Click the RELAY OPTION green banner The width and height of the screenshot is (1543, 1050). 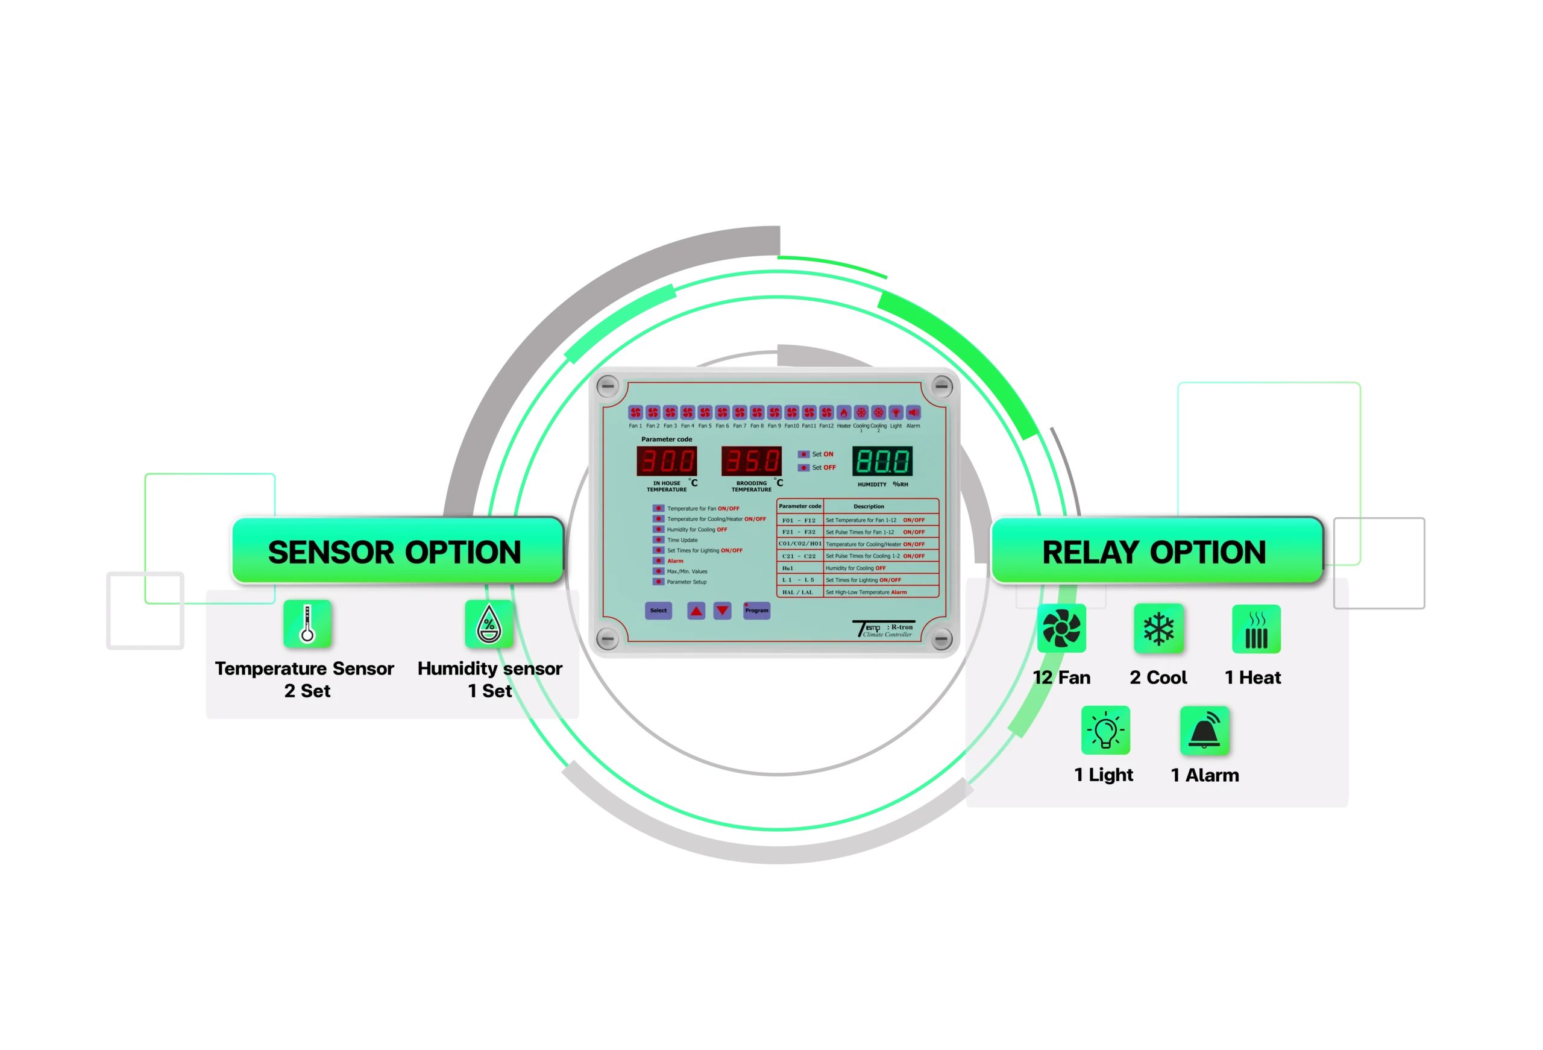(1155, 552)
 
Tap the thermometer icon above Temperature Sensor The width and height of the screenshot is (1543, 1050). (307, 624)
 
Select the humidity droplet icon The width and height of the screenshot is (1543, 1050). (489, 624)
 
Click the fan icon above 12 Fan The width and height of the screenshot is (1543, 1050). (1061, 627)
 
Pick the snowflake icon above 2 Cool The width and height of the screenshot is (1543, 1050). (1158, 627)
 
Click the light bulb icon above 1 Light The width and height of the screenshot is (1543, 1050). (1105, 730)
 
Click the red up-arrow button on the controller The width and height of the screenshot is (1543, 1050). (696, 611)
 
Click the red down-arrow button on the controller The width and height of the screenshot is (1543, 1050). (722, 611)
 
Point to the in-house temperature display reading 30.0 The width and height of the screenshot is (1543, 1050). (667, 461)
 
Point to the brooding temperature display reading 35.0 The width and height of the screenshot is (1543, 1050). (752, 461)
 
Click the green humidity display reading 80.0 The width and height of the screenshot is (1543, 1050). (882, 461)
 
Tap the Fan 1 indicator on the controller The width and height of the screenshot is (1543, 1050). (635, 412)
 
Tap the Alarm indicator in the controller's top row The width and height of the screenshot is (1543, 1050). (913, 412)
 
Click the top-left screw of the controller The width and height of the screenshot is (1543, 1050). (608, 386)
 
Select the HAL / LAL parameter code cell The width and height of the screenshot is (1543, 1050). (797, 593)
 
